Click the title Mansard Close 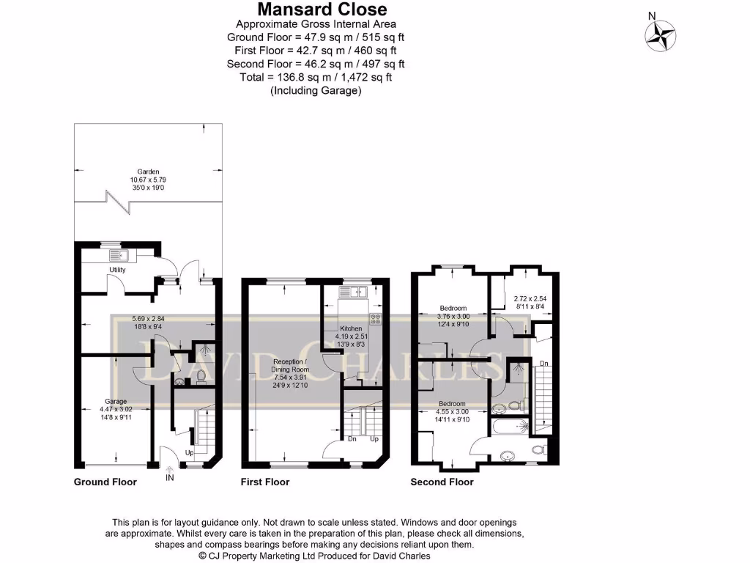pos(322,10)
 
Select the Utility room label pos(117,270)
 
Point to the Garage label pos(116,401)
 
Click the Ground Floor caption pos(105,482)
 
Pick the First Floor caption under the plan pos(265,482)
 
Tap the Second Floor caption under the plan pos(442,482)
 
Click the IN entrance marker pos(170,478)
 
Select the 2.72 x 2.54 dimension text pos(530,298)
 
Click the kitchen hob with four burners pos(376,319)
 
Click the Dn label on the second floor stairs pos(543,363)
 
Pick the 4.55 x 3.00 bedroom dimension pos(452,412)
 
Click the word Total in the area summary pos(253,77)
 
